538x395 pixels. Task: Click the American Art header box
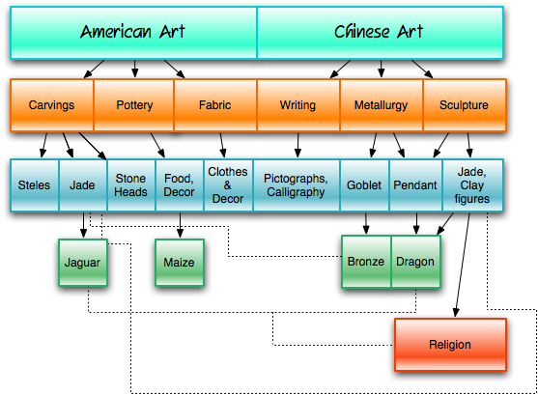point(133,33)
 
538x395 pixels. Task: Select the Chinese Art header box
point(381,33)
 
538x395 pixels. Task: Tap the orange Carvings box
point(52,105)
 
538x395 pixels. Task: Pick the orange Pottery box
point(134,105)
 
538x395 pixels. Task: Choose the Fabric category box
point(215,105)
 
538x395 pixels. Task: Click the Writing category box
point(298,105)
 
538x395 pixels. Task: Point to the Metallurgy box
point(382,105)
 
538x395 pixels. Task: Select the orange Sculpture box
point(465,105)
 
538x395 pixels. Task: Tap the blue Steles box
point(35,185)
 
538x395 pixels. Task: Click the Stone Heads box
point(131,185)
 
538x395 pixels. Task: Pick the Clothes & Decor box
point(228,185)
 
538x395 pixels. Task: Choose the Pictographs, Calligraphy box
point(297,185)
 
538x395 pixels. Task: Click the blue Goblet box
point(364,185)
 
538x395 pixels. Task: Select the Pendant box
point(416,185)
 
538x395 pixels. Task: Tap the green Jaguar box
point(83,263)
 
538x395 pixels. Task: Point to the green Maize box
point(180,263)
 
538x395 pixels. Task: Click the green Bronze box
point(366,262)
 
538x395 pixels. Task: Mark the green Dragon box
point(415,262)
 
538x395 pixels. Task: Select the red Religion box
point(450,345)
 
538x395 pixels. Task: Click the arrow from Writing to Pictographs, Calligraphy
point(297,145)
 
